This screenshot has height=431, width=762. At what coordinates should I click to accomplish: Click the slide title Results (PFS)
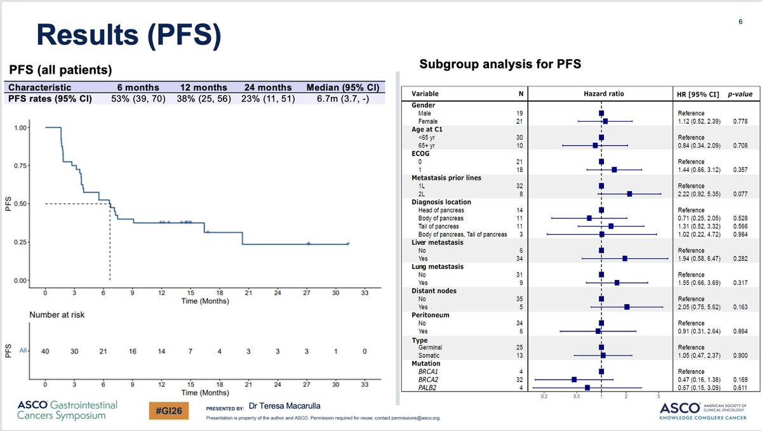[129, 36]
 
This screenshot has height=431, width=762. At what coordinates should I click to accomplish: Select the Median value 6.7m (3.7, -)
[342, 98]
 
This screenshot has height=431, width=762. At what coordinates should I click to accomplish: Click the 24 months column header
[268, 88]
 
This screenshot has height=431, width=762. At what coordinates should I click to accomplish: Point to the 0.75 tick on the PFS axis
[20, 166]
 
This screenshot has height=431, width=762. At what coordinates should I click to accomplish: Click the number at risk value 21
[104, 351]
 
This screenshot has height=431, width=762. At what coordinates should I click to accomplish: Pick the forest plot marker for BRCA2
[574, 380]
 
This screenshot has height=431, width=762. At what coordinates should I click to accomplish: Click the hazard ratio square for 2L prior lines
[630, 194]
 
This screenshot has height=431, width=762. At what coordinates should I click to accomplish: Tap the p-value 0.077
[740, 194]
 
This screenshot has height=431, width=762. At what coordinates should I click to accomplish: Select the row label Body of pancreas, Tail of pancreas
[463, 234]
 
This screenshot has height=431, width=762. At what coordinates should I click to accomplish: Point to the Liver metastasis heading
[438, 242]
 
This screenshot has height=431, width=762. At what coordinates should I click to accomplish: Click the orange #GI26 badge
[169, 411]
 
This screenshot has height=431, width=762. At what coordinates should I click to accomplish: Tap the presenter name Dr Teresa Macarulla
[284, 406]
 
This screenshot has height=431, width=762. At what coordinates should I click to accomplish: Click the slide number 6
[740, 22]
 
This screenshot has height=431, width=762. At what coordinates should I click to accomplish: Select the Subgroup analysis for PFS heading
[500, 64]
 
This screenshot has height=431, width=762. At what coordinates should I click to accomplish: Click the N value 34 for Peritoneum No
[519, 323]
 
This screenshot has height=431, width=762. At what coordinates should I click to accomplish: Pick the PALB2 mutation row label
[427, 387]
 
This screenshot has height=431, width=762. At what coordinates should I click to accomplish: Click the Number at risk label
[57, 315]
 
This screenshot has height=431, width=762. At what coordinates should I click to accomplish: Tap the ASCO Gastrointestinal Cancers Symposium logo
[67, 410]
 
